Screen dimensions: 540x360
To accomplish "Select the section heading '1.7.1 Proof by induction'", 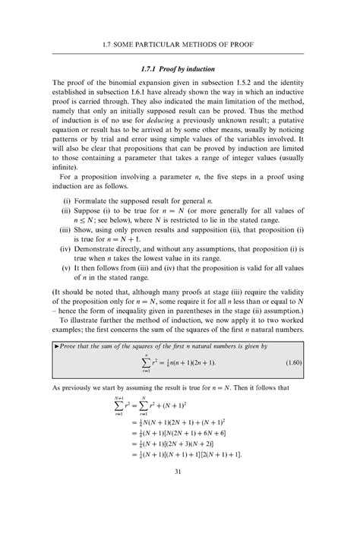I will click(x=180, y=69).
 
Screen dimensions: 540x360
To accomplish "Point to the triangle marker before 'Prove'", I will click(x=58, y=367).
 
